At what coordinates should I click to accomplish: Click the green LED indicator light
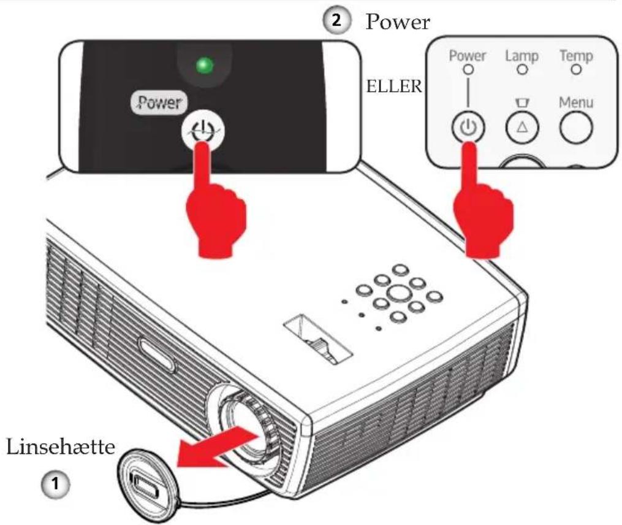pyautogui.click(x=205, y=66)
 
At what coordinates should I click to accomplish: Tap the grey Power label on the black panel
pyautogui.click(x=159, y=103)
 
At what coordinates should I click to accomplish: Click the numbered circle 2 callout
pyautogui.click(x=336, y=21)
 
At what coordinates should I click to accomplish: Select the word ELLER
pyautogui.click(x=394, y=86)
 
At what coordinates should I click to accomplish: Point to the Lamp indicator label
pyautogui.click(x=521, y=56)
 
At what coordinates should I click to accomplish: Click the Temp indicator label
pyautogui.click(x=576, y=56)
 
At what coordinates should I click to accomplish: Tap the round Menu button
pyautogui.click(x=576, y=128)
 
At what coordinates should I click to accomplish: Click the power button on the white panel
pyautogui.click(x=468, y=128)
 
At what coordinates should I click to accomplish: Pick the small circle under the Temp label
pyautogui.click(x=576, y=70)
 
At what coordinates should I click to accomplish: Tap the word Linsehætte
pyautogui.click(x=61, y=447)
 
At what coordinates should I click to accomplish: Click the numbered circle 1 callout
pyautogui.click(x=55, y=484)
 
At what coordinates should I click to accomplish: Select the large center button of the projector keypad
pyautogui.click(x=399, y=294)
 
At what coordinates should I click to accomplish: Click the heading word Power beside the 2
pyautogui.click(x=398, y=22)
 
